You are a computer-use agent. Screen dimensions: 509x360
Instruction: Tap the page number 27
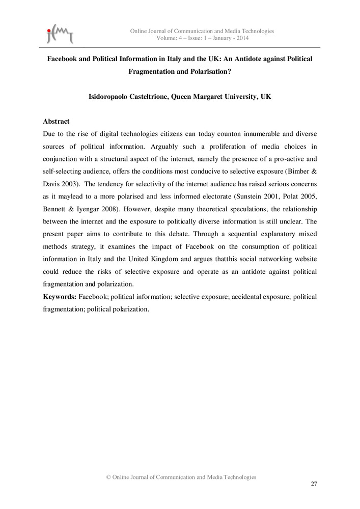[314, 484]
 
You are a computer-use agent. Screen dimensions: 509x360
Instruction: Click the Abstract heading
[56, 122]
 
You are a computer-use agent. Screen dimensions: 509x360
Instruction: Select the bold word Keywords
[59, 296]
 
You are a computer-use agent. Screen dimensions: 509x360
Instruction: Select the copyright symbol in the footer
[108, 477]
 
